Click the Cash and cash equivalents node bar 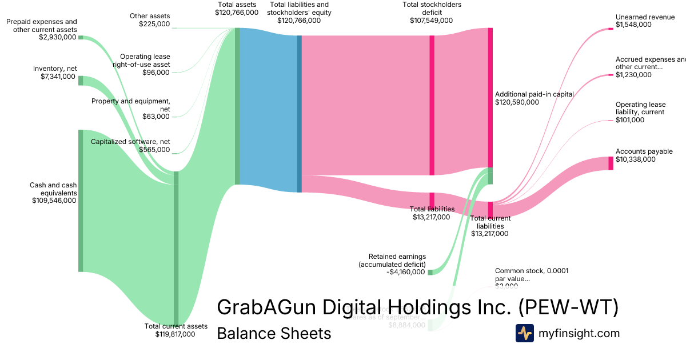(81, 201)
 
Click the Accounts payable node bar (611, 163)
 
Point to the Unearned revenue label (645, 17)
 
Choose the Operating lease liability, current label (640, 109)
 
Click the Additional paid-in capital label (534, 94)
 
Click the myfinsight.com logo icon (524, 333)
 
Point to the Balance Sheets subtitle (274, 333)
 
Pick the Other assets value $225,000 (154, 24)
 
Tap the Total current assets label (176, 326)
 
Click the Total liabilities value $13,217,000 (431, 217)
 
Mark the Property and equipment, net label (131, 105)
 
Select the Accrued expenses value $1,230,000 (633, 75)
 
